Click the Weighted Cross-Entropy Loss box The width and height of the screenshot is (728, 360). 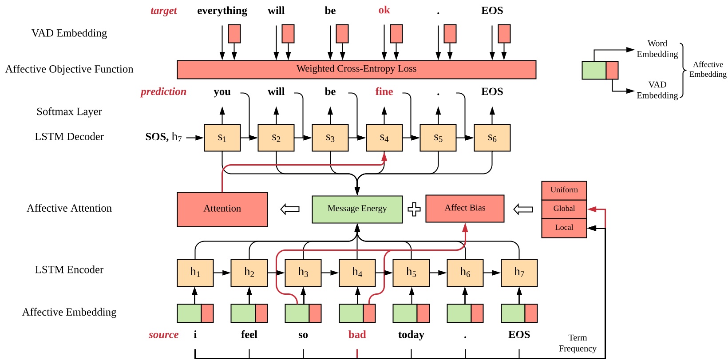pyautogui.click(x=356, y=69)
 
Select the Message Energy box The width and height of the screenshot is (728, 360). pyautogui.click(x=357, y=209)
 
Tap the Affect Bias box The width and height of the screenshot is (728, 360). pyautogui.click(x=465, y=208)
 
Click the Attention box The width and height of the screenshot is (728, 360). pyautogui.click(x=222, y=209)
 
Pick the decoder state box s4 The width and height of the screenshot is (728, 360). pyautogui.click(x=384, y=138)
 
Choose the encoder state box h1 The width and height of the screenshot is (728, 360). pyautogui.click(x=195, y=273)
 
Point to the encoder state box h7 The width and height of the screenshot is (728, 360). pyautogui.click(x=519, y=273)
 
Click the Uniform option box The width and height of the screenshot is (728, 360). pyautogui.click(x=564, y=190)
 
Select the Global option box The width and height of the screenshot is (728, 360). pyautogui.click(x=564, y=209)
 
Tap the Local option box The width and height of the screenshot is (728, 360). pyautogui.click(x=564, y=228)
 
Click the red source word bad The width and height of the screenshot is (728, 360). pyautogui.click(x=357, y=335)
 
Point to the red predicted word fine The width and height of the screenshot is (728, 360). pyautogui.click(x=384, y=92)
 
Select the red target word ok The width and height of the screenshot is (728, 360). pyautogui.click(x=384, y=10)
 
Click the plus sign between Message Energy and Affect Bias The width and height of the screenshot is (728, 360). pyautogui.click(x=414, y=209)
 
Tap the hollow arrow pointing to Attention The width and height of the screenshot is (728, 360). pyautogui.click(x=290, y=209)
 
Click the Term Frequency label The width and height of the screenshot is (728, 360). pyautogui.click(x=577, y=343)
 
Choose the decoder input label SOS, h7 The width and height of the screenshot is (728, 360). pyautogui.click(x=163, y=137)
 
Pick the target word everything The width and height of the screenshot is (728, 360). pyautogui.click(x=222, y=11)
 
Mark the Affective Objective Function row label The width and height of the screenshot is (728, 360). pyautogui.click(x=69, y=69)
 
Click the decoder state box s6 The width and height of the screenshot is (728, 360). pyautogui.click(x=492, y=138)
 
